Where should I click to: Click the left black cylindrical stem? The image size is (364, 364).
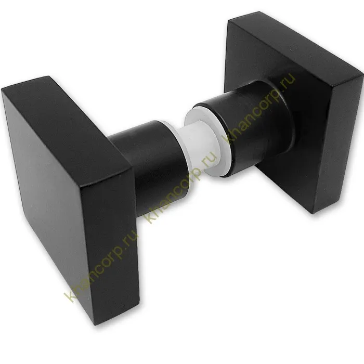(x=149, y=162)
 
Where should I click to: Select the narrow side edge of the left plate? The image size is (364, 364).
(x=111, y=244)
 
